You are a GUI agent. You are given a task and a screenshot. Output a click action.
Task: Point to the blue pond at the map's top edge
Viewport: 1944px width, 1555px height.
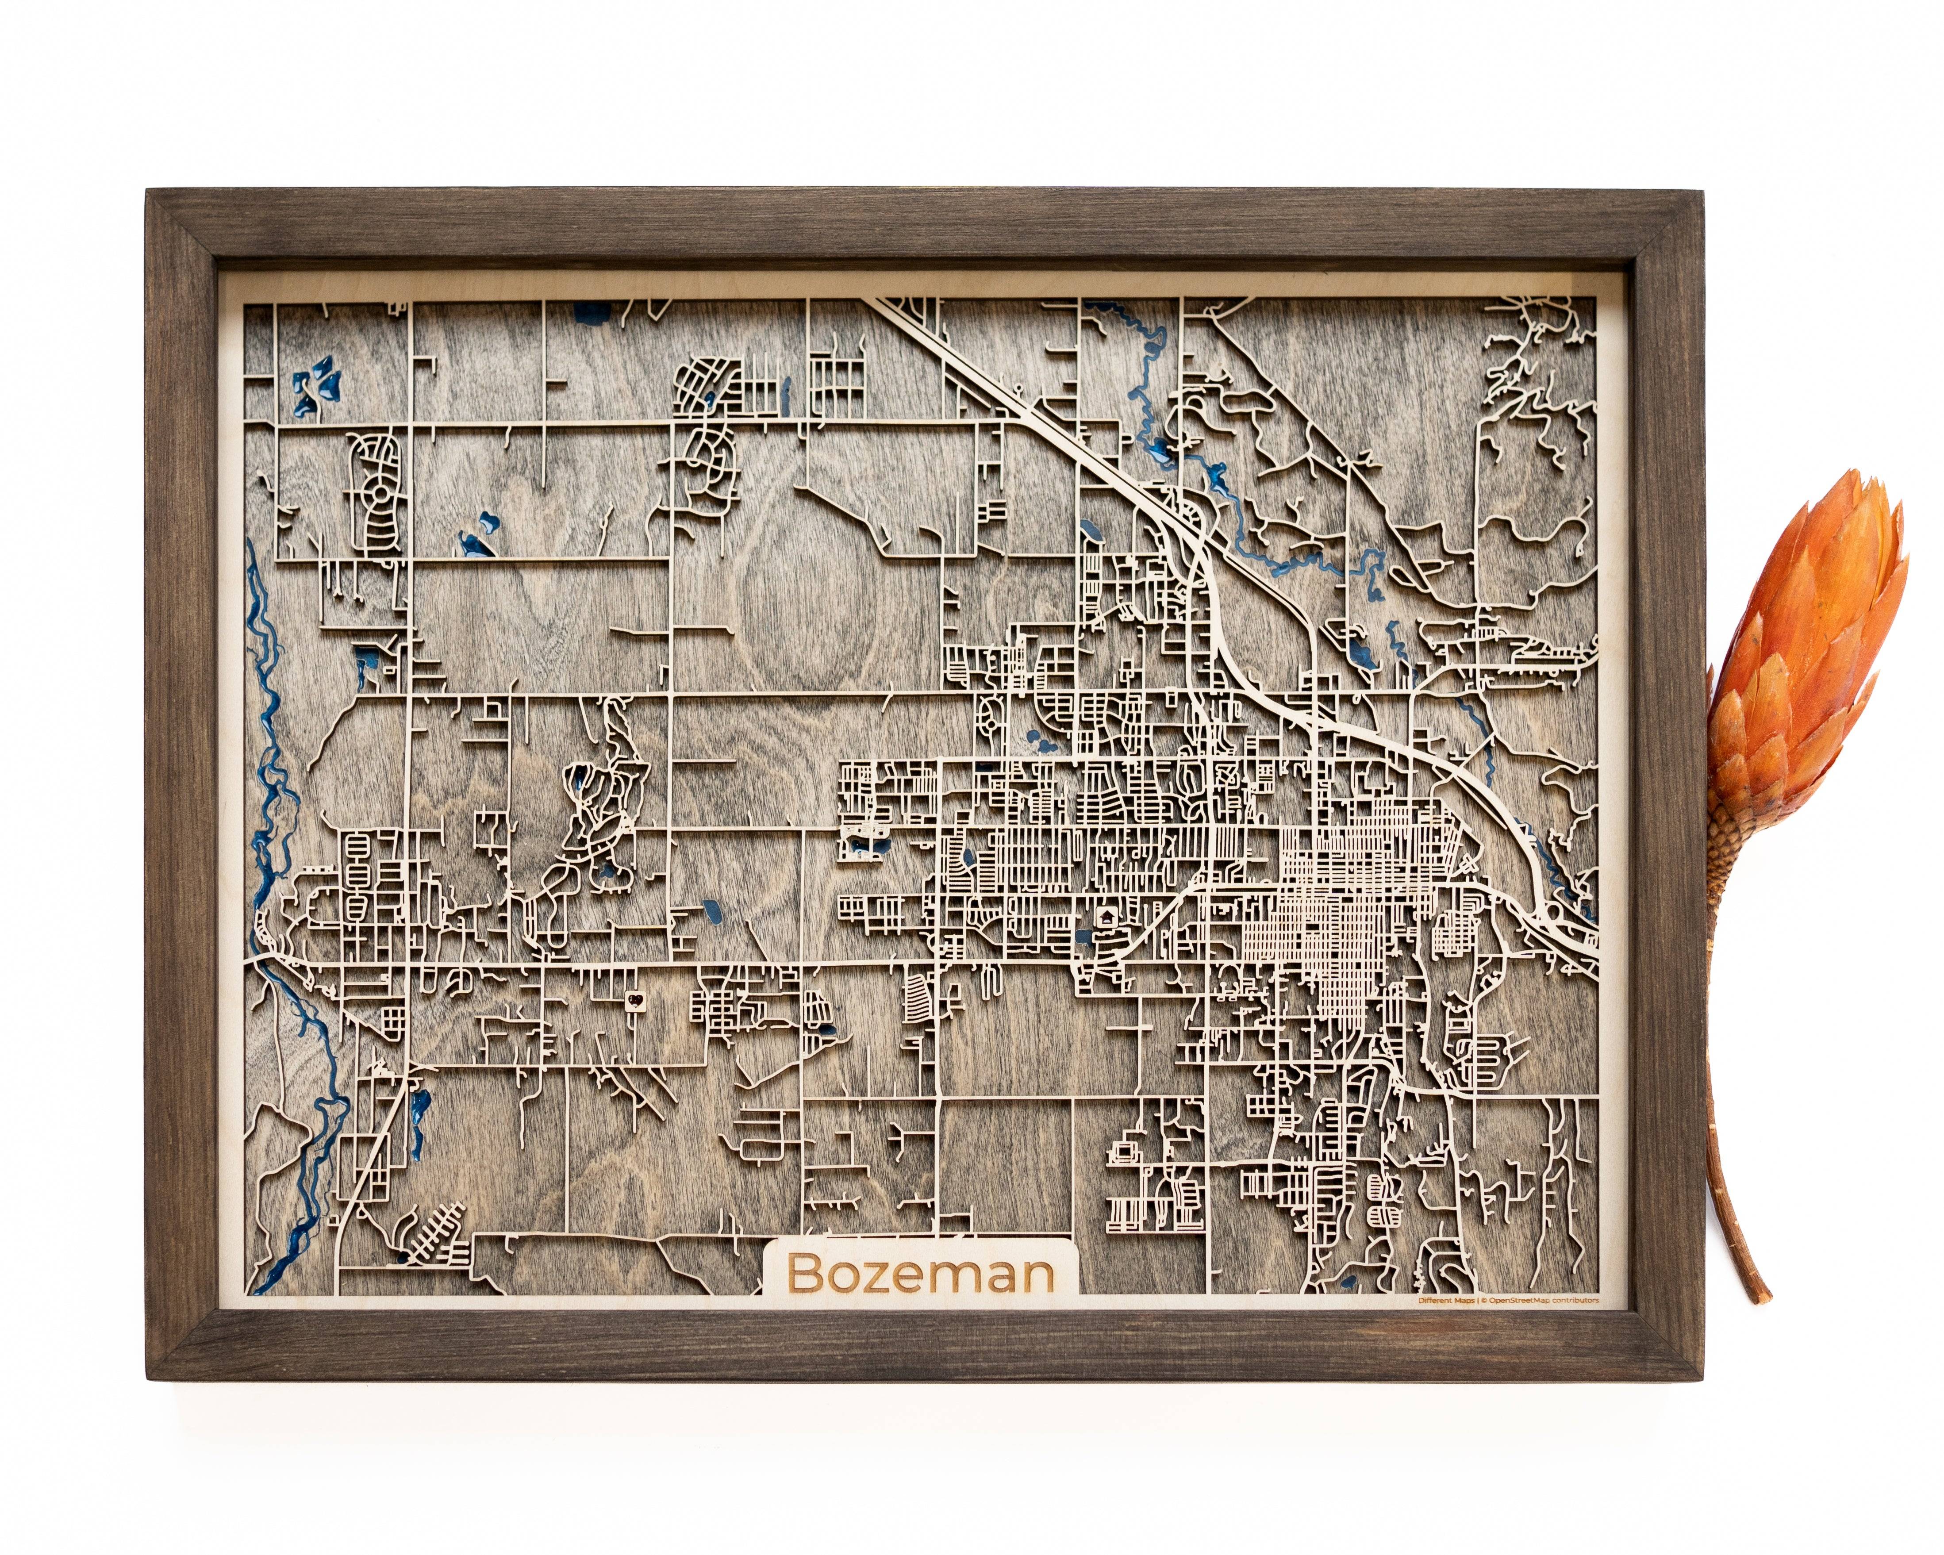(591, 315)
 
